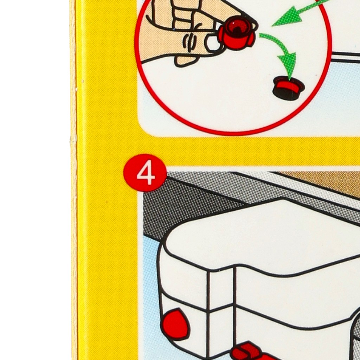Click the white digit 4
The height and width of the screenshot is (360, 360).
coord(146,172)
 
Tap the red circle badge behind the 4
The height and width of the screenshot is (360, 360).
coord(145,173)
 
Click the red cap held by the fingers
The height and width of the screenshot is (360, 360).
coord(237,32)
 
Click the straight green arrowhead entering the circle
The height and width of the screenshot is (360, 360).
coord(287,17)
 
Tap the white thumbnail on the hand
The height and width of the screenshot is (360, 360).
coord(213,43)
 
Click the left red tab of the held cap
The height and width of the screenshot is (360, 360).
coord(221,35)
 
